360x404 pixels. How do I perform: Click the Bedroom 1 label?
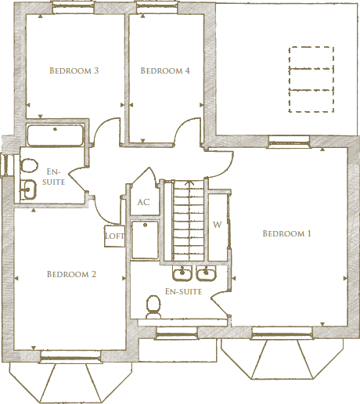tap(286, 233)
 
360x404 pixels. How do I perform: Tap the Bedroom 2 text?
tap(71, 274)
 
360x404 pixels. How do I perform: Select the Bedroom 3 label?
tap(74, 71)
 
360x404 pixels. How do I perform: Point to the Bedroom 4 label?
tap(164, 71)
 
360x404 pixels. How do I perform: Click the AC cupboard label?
tap(143, 202)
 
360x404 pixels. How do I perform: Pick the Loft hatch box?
tap(114, 235)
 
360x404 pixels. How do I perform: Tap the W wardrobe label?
tap(217, 224)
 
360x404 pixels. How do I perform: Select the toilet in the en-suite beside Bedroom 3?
tap(29, 165)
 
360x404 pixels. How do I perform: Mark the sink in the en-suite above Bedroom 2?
tap(28, 188)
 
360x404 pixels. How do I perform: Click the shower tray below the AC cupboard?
tap(145, 240)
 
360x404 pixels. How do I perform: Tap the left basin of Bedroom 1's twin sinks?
tap(183, 273)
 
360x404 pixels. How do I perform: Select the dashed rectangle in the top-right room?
tap(311, 80)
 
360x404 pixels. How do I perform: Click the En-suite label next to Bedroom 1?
tap(184, 291)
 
